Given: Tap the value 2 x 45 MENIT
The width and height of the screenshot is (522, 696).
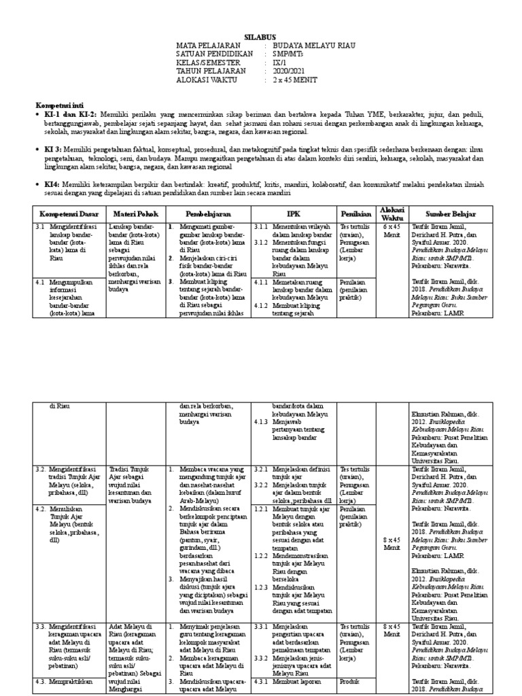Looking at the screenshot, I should [291, 80].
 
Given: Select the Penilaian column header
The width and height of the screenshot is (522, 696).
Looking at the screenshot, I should [355, 213].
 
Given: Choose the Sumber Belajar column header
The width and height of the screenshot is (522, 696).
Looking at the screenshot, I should [450, 213].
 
